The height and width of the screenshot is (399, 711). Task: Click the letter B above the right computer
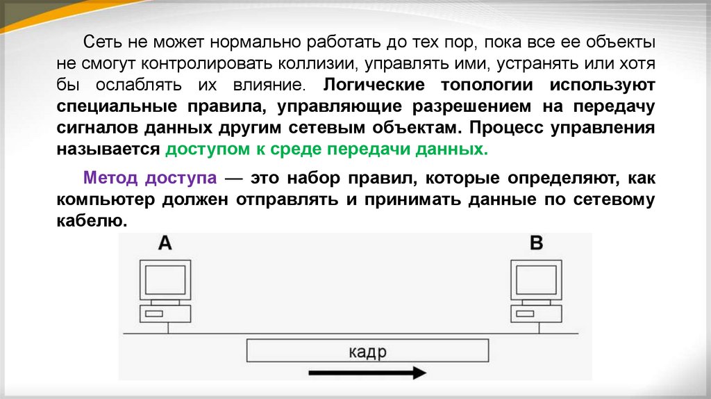[x=537, y=243]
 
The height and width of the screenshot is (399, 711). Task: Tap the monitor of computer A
[x=165, y=279]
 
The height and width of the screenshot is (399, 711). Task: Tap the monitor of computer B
[x=537, y=279]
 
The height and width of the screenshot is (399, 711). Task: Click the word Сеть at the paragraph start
[x=97, y=42]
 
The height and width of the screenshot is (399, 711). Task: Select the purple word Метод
[x=110, y=179]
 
